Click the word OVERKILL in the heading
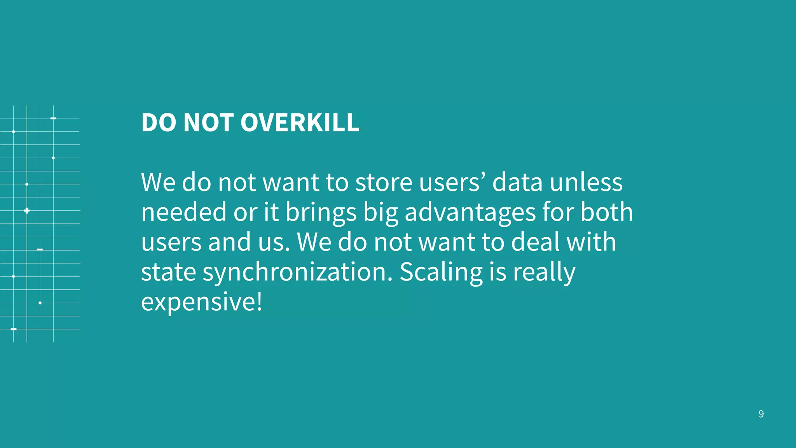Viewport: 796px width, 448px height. tap(300, 122)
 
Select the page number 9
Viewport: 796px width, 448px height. tap(761, 414)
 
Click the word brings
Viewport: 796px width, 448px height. tap(321, 213)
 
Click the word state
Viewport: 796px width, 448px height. tap(168, 272)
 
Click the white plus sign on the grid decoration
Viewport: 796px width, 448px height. tap(26, 210)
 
